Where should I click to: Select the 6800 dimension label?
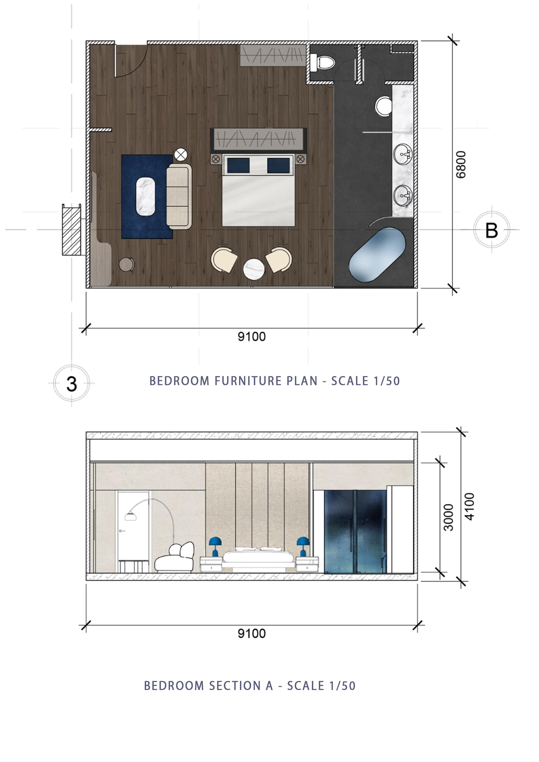(461, 165)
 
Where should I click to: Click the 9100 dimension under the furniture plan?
(252, 337)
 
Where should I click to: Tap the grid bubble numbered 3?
(72, 383)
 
